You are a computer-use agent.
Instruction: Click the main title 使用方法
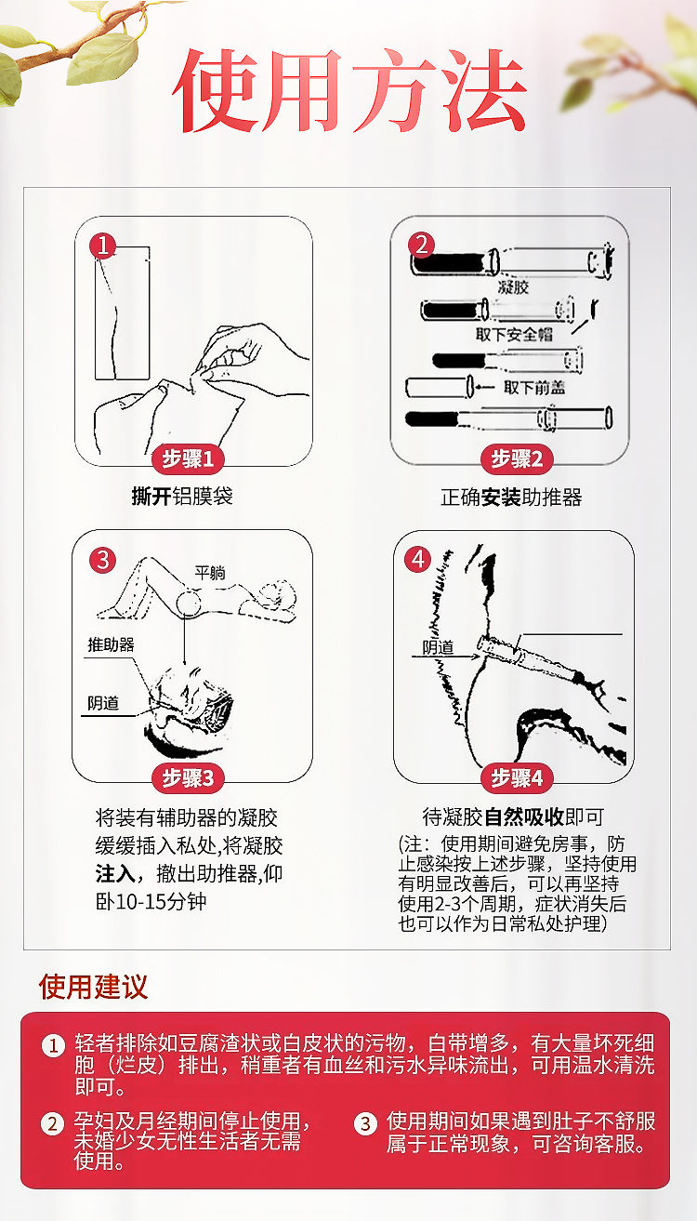pos(348,90)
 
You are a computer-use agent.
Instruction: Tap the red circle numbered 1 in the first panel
pos(102,246)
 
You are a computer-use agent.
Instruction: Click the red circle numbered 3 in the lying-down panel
pos(102,560)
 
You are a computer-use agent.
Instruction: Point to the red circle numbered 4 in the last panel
pos(419,559)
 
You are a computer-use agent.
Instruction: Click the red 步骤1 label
pos(189,459)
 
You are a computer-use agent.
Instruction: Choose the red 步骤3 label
pos(189,777)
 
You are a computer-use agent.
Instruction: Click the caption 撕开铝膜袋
pos(182,496)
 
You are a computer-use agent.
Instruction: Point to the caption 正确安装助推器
pos(510,498)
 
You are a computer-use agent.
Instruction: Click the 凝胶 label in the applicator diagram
pos(513,287)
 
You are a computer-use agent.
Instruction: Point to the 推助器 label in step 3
pos(111,644)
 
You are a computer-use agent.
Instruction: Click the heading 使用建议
pos(93,987)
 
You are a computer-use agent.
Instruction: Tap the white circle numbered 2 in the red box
pos(52,1123)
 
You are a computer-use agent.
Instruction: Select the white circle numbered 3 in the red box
pos(365,1123)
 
